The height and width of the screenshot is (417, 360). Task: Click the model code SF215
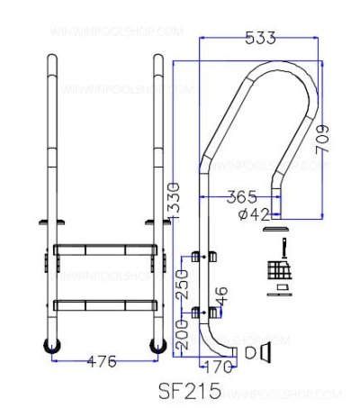coord(190,394)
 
